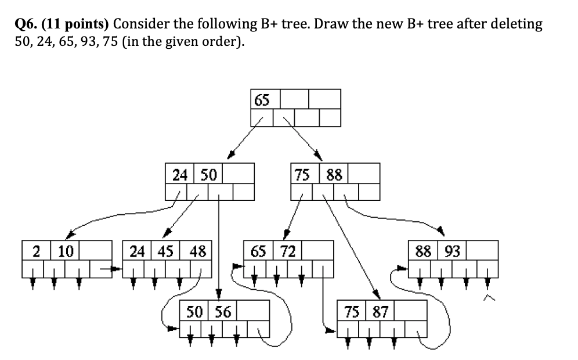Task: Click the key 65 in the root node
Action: pos(262,100)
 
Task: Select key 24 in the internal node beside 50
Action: pos(180,174)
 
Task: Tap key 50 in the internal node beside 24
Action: pos(208,174)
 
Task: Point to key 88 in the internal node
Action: pos(334,174)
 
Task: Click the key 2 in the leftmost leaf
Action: pos(36,251)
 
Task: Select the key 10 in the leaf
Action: pos(66,251)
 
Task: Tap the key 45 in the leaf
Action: pos(167,251)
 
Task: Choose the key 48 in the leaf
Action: pos(197,251)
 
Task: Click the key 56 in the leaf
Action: pos(223,311)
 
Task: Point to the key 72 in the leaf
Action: pos(288,251)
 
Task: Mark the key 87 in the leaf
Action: pos(380,311)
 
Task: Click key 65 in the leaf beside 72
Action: pos(259,251)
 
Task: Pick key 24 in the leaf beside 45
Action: pos(138,251)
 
